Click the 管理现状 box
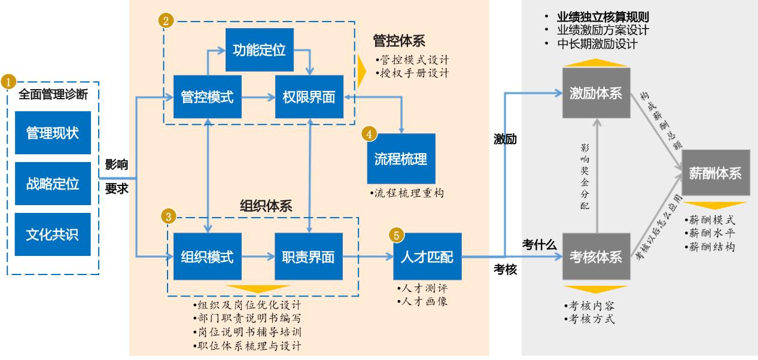pos(53,132)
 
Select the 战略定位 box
pos(53,184)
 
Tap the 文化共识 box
pos(53,234)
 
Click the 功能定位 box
pos(259,50)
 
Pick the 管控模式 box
pos(207,96)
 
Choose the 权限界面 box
pos(309,96)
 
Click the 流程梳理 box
pos(401,158)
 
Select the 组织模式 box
pos(207,257)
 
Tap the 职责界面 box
pos(309,257)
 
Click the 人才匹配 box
pos(427,257)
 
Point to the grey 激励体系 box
pos(596,93)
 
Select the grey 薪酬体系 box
pos(716,173)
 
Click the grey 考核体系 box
pos(596,257)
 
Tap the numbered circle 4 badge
pos(369,134)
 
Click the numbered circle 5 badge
pos(396,234)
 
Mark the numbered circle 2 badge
pos(166,20)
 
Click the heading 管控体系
pos(399,41)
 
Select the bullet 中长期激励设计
pos(597,44)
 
